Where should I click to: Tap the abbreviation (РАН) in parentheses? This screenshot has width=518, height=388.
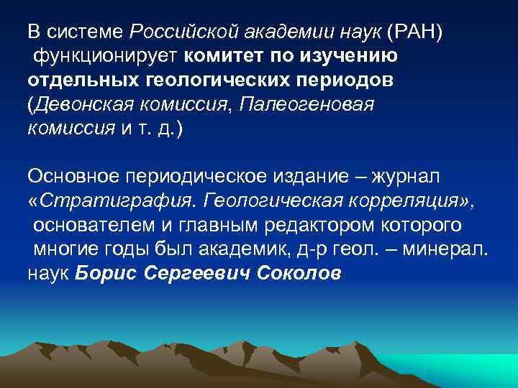407,32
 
